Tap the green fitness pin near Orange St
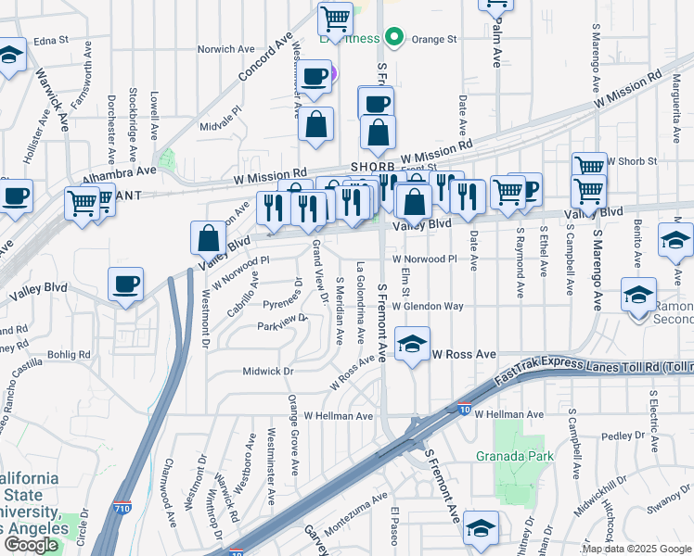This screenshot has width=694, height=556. pyautogui.click(x=394, y=38)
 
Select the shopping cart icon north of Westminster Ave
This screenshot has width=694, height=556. pyautogui.click(x=334, y=19)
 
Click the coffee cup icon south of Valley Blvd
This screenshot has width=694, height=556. pyautogui.click(x=125, y=284)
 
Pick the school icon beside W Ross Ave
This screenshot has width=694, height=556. pyautogui.click(x=412, y=345)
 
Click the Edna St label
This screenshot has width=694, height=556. pyautogui.click(x=51, y=41)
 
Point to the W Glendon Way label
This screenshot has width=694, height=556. pyautogui.click(x=427, y=306)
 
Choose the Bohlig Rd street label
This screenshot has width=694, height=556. pyautogui.click(x=70, y=354)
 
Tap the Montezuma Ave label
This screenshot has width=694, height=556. pyautogui.click(x=355, y=512)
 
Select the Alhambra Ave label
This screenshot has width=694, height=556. pyautogui.click(x=119, y=173)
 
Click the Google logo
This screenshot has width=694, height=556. pyautogui.click(x=31, y=544)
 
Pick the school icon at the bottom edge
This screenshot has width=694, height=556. pyautogui.click(x=480, y=528)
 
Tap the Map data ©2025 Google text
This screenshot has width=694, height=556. pyautogui.click(x=636, y=549)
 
